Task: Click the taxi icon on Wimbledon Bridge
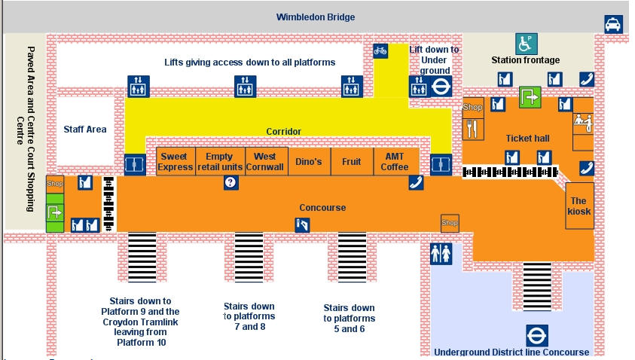(x=614, y=25)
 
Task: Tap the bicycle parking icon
(x=380, y=51)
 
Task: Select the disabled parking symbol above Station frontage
(x=525, y=42)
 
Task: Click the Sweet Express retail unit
(x=175, y=161)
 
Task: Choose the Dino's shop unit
(x=308, y=161)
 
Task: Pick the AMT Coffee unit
(x=395, y=161)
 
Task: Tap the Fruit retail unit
(x=352, y=161)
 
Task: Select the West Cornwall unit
(x=264, y=161)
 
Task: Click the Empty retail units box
(x=219, y=161)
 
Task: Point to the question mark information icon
(x=231, y=182)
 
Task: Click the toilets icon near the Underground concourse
(x=441, y=254)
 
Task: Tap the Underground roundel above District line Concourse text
(x=536, y=335)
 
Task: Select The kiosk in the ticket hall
(x=579, y=206)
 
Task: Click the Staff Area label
(x=85, y=129)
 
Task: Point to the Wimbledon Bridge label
(x=316, y=17)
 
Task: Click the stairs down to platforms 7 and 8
(x=249, y=256)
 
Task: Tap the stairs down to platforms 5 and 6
(x=351, y=256)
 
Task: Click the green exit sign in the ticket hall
(x=530, y=97)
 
